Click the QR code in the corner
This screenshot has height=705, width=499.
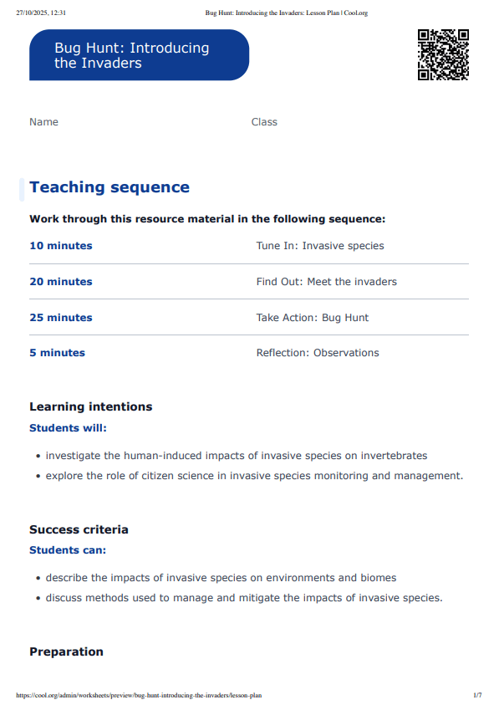coord(443,54)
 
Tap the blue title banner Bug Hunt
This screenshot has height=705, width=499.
coord(139,55)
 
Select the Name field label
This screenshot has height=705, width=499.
coord(43,122)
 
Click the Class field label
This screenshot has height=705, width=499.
coord(264,122)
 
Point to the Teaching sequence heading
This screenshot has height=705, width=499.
coord(109,187)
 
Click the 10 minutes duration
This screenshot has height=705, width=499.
coord(61,246)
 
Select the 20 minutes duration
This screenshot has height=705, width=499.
coord(61,282)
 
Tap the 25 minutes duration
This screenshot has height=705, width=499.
coord(61,318)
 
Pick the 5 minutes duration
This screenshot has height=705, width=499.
coord(57,353)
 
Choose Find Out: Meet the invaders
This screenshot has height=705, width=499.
coord(326,282)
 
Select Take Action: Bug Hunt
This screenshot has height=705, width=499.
coord(312,318)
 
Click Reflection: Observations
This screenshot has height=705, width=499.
coord(318,353)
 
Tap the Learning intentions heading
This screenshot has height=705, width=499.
coord(90,407)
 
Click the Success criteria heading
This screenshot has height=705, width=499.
coord(79,530)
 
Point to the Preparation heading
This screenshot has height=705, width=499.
coord(66,652)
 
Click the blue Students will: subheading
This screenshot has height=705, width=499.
coord(68,428)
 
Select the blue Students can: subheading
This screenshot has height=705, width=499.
coord(68,550)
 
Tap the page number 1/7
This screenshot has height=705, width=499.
coord(477,695)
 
